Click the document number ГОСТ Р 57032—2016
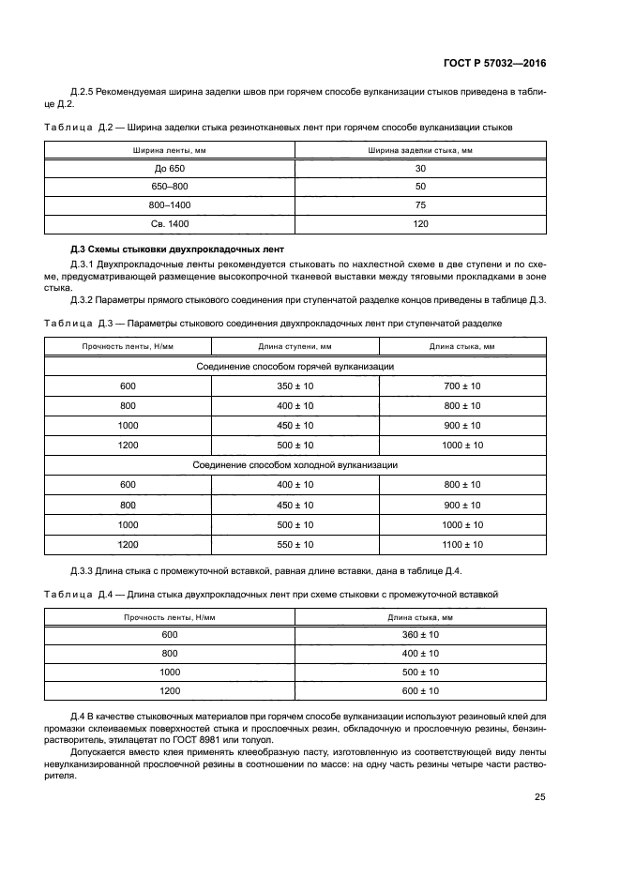tap(494, 64)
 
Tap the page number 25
tap(539, 797)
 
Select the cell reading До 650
tap(170, 168)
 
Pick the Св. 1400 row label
tap(170, 223)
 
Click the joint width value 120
tap(420, 223)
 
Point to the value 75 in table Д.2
tap(420, 204)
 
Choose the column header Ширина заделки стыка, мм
tap(420, 149)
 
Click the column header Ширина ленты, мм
tap(170, 149)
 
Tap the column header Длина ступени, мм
tap(295, 347)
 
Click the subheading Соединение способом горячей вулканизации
tap(295, 366)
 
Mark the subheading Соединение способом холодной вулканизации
tap(295, 464)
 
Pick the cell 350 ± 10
tap(295, 386)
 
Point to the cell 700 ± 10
tap(461, 386)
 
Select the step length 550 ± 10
tap(295, 544)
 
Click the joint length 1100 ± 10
tap(461, 544)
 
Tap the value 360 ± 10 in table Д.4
tap(420, 634)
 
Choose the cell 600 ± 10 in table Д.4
tap(420, 690)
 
